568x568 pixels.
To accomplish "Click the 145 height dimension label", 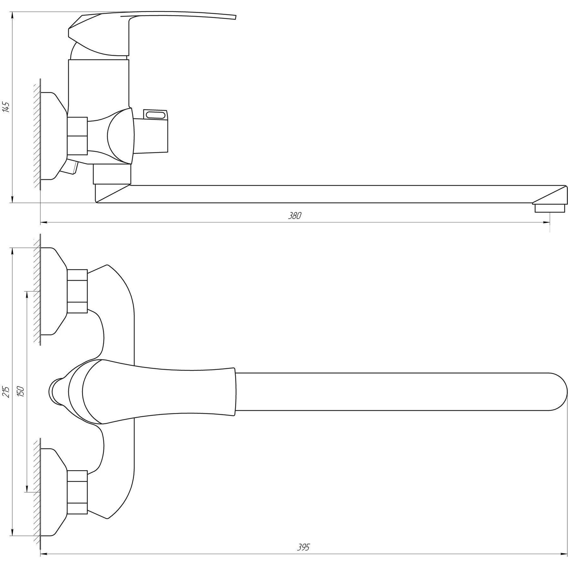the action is point(6,107).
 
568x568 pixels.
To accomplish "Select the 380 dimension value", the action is point(295,216).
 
